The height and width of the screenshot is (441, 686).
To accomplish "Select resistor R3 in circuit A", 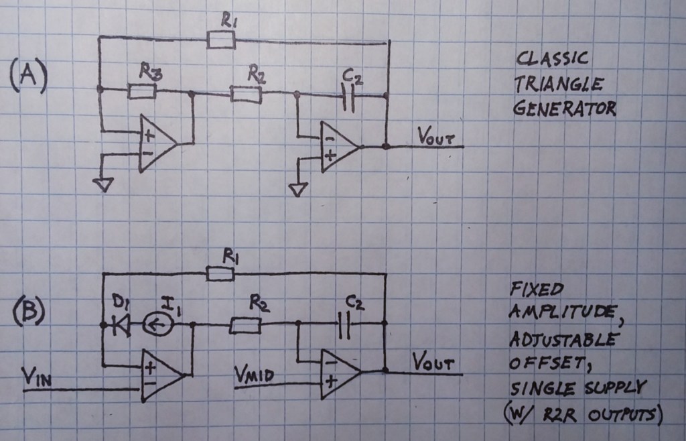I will (141, 91).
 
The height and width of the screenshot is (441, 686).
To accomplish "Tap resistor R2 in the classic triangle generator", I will (246, 94).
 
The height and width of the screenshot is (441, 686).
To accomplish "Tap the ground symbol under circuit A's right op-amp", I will (297, 190).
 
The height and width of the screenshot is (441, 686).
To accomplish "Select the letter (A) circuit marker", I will (28, 76).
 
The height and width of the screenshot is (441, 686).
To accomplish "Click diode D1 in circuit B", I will (122, 326).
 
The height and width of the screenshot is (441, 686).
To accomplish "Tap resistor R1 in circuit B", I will (220, 273).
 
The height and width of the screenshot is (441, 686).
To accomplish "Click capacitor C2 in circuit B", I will (346, 326).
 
